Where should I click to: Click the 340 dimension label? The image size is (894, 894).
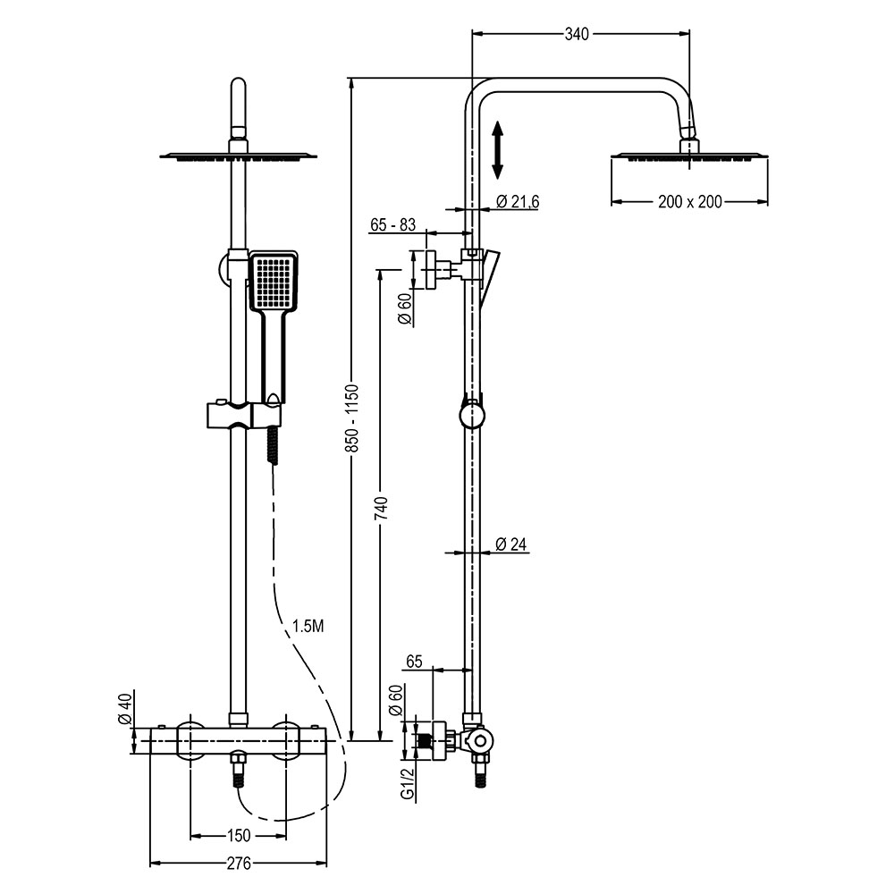point(577,34)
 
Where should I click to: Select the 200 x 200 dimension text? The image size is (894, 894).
point(689,202)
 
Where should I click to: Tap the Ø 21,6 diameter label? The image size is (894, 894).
point(517,202)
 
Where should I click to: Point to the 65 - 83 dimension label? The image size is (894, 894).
point(393,225)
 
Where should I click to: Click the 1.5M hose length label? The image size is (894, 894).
point(308,626)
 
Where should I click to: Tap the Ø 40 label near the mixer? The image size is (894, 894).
point(126,711)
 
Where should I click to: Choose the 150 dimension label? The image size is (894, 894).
point(238,836)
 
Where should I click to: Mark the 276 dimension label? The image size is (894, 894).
point(238,864)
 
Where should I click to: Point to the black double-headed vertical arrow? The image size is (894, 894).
point(499,149)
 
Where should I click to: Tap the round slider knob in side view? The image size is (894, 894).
point(471,416)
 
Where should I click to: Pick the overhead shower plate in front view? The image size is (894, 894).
point(238,157)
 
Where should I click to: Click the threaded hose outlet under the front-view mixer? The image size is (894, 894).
point(239,771)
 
